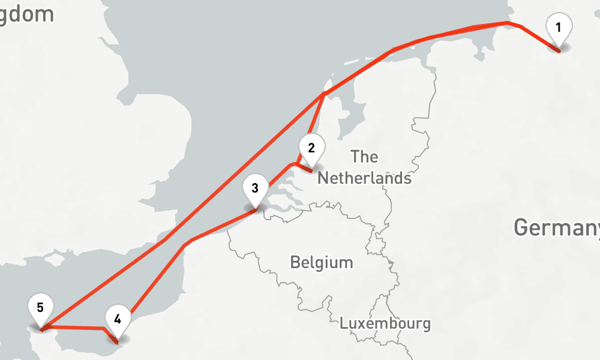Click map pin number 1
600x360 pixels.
point(559,28)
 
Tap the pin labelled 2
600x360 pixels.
point(311,148)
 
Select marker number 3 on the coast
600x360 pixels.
point(255,188)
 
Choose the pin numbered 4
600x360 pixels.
point(118,319)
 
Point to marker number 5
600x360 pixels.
point(40,308)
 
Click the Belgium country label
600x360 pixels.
point(321,262)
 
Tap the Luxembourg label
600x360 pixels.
point(385,323)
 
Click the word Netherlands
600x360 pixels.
point(364,178)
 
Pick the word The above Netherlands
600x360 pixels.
point(364,157)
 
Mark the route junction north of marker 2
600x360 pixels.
point(324,94)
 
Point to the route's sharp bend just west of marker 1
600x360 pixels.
point(509,23)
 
